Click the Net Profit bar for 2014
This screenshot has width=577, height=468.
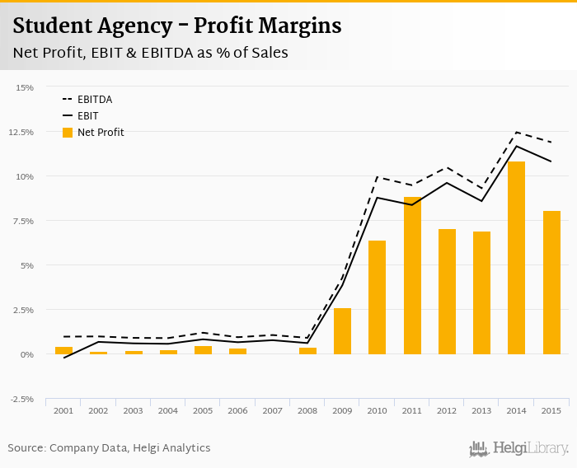[516, 258]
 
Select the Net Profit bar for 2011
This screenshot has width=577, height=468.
[412, 276]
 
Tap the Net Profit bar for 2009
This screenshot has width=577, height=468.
[342, 331]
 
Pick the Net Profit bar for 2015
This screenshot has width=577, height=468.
[551, 283]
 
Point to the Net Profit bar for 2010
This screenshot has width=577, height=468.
[377, 297]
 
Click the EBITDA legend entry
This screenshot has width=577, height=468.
[94, 100]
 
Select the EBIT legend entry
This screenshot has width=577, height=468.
[87, 116]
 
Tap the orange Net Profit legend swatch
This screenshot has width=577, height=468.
[68, 132]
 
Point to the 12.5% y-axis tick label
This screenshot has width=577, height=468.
[21, 132]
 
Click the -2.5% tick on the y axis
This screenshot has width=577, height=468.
[21, 399]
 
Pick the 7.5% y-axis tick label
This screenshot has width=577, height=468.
[23, 221]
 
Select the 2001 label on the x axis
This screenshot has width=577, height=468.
[63, 410]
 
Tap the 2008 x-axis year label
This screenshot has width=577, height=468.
[307, 410]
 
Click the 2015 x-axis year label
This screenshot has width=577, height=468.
[551, 410]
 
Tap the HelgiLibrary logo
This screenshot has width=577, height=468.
[519, 448]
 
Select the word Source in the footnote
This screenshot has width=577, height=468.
[26, 448]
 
